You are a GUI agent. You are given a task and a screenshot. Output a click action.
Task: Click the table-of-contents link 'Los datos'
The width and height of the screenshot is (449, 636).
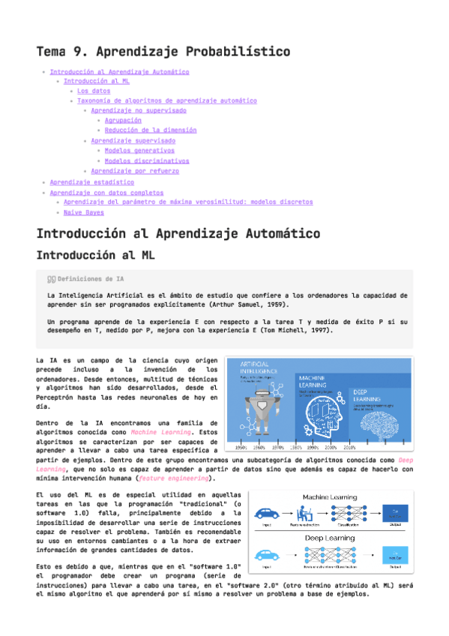(94, 91)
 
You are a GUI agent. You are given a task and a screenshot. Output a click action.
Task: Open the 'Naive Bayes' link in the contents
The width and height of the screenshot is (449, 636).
(83, 212)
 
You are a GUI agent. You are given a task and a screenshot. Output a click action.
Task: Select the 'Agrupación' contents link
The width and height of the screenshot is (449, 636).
(123, 120)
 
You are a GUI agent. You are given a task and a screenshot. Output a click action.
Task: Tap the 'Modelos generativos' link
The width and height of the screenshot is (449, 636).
(139, 150)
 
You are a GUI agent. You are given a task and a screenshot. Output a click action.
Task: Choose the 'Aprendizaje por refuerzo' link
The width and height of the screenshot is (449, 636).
(135, 171)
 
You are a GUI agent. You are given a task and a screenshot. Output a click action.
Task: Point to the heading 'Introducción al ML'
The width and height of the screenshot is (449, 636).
(95, 256)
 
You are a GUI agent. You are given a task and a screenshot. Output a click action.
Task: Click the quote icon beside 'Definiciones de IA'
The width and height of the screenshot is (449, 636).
(51, 278)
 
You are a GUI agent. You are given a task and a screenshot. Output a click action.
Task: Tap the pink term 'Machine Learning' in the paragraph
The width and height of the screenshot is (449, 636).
(154, 431)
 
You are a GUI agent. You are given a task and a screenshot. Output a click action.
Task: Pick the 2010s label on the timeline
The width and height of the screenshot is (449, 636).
(349, 447)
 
